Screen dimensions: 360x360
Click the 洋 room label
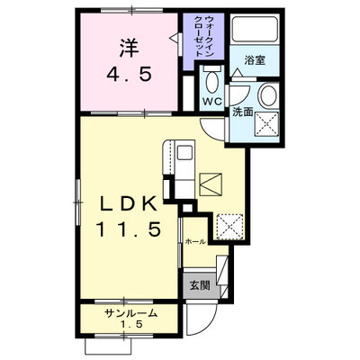pyautogui.click(x=130, y=49)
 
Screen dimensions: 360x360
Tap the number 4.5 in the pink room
pyautogui.click(x=129, y=74)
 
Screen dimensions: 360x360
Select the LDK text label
pyautogui.click(x=129, y=203)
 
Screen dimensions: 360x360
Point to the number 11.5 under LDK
pyautogui.click(x=129, y=229)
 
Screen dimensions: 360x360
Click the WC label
pyautogui.click(x=212, y=102)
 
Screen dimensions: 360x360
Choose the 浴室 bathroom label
pyautogui.click(x=255, y=60)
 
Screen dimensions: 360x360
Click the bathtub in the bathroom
pyautogui.click(x=255, y=30)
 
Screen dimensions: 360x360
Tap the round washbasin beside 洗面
pyautogui.click(x=269, y=94)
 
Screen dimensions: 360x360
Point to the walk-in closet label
pyautogui.click(x=204, y=36)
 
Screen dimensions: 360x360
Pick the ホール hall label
pyautogui.click(x=195, y=241)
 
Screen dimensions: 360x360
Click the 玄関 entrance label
pyautogui.click(x=200, y=286)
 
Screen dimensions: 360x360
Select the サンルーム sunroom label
pyautogui.click(x=131, y=313)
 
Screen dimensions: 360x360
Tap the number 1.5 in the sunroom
pyautogui.click(x=131, y=324)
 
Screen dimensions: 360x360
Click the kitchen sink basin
pyautogui.click(x=184, y=153)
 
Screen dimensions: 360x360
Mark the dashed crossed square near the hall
pyautogui.click(x=229, y=227)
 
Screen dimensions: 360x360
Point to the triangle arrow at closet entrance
pyautogui.click(x=174, y=39)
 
